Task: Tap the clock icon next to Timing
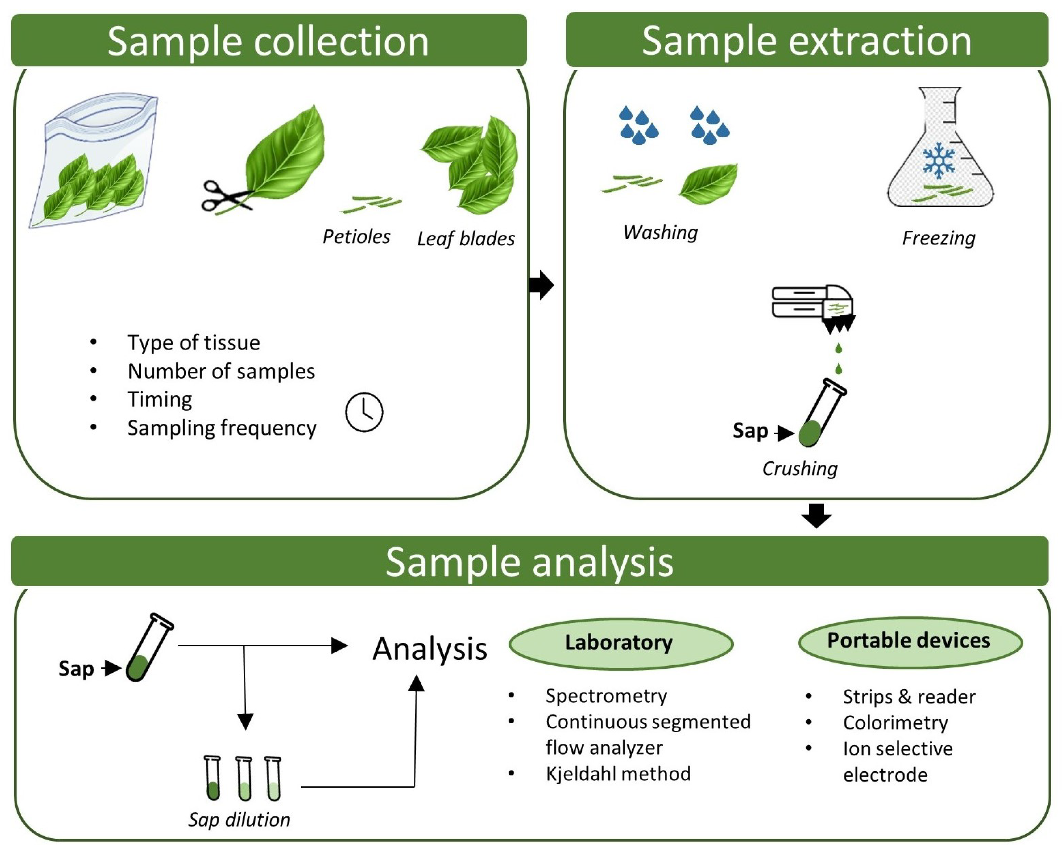[x=364, y=412]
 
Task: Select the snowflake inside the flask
[x=939, y=161]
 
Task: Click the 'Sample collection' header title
[x=268, y=42]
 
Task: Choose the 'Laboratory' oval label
[x=621, y=643]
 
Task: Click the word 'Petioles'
[x=356, y=237]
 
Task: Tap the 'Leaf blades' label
[x=466, y=239]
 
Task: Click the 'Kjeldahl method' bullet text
[x=618, y=773]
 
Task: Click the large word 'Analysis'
[x=430, y=649]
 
